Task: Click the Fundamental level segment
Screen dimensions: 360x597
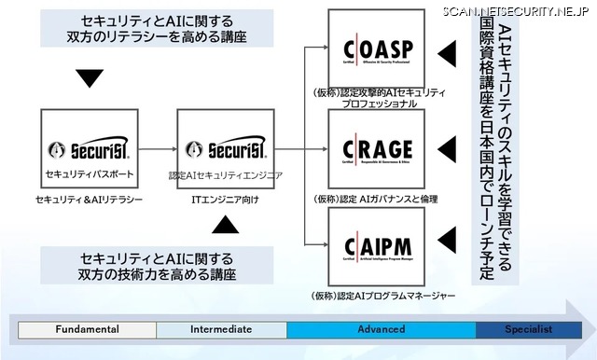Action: coord(87,329)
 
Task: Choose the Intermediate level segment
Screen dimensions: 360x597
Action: coord(221,329)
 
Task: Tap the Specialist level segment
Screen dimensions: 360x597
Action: coord(528,329)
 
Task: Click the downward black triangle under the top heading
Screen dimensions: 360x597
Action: coord(89,78)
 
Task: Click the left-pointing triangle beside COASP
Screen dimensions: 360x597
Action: coord(449,48)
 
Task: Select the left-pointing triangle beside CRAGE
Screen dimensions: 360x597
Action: coord(449,145)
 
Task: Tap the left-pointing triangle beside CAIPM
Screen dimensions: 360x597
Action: coord(449,235)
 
